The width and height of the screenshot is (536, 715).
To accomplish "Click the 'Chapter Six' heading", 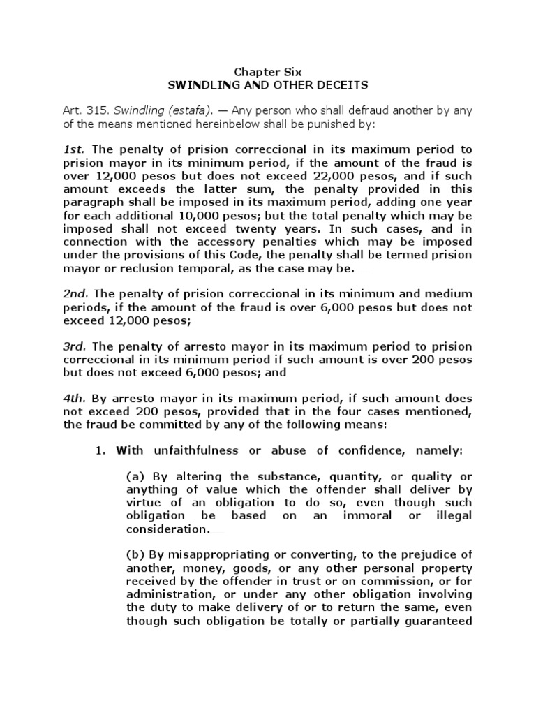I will pos(268,71).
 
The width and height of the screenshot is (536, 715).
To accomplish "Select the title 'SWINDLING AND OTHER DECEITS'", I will pos(268,84).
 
